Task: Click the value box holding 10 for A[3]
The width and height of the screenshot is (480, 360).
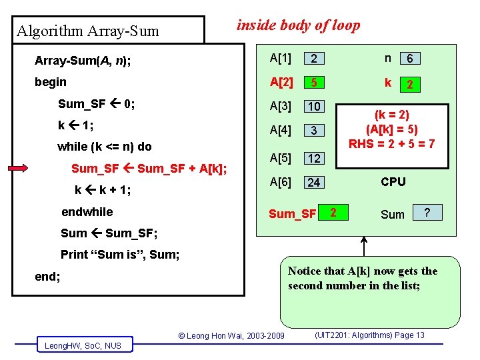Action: [x=315, y=107]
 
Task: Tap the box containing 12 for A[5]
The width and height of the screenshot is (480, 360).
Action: [x=315, y=159]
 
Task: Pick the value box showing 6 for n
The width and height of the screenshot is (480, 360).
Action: [x=410, y=59]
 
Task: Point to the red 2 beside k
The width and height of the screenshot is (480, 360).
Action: [x=411, y=85]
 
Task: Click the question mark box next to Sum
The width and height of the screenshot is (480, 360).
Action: [x=428, y=213]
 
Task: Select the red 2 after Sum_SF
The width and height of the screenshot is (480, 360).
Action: [x=333, y=213]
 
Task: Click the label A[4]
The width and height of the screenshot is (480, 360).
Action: [x=281, y=130]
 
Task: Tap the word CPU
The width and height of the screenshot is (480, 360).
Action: [x=393, y=182]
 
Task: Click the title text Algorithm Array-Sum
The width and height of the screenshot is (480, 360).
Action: [x=87, y=31]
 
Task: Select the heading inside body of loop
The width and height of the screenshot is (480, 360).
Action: [x=299, y=25]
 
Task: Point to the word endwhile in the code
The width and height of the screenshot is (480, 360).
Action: [x=87, y=212]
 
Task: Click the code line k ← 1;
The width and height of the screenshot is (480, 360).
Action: [x=75, y=125]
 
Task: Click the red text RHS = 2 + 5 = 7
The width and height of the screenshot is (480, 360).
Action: [x=392, y=143]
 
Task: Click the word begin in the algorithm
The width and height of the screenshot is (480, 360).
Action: [x=51, y=82]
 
